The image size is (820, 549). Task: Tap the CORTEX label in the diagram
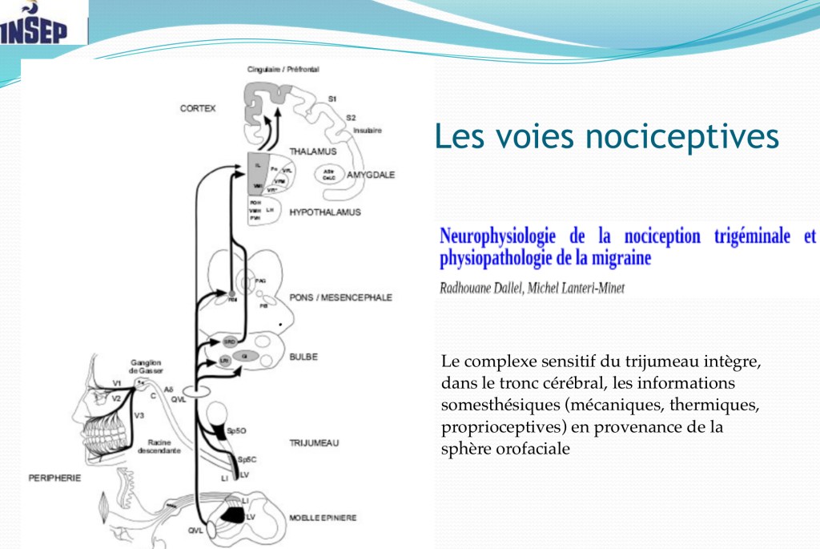coord(198,108)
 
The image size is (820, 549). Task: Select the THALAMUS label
coord(313,151)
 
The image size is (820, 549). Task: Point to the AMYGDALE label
coord(371,175)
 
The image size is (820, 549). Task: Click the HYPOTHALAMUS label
coord(325,212)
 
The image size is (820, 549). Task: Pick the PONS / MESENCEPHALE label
coord(340,297)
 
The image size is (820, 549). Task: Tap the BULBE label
coord(303,357)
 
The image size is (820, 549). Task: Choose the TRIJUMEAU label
coord(315,442)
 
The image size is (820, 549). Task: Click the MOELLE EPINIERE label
coord(323,518)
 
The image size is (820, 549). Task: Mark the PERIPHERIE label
coord(55,478)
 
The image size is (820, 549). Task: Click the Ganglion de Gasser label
coord(147,367)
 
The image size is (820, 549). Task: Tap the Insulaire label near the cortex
coord(368,130)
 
